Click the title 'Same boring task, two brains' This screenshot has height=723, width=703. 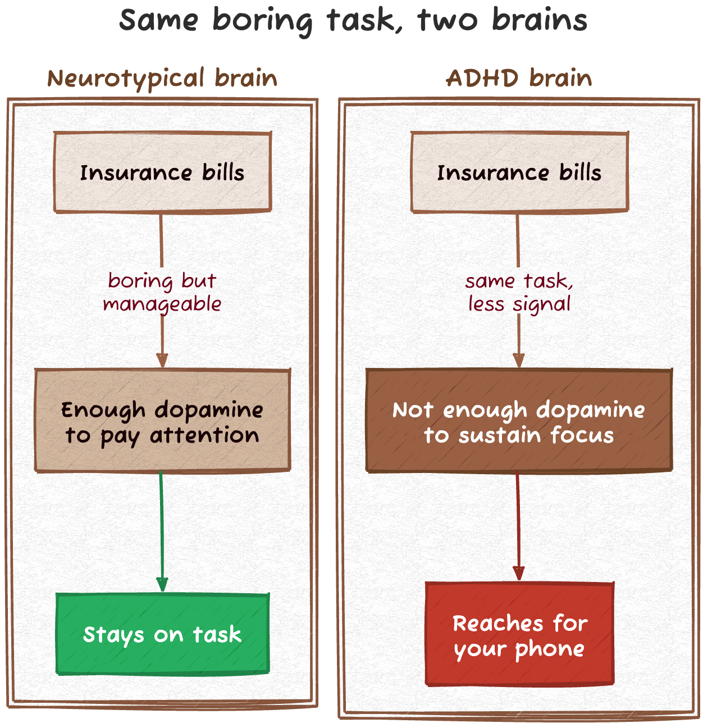353,20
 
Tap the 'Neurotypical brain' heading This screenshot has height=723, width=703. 162,78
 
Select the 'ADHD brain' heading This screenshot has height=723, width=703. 519,78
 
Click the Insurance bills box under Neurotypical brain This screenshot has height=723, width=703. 162,172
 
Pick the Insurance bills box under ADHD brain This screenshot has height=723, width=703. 519,172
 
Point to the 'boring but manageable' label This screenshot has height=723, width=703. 162,292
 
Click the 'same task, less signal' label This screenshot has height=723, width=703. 519,292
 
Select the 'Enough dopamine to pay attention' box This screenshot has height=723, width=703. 162,421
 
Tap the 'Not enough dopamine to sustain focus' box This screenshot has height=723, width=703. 519,421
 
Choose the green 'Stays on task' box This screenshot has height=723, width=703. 162,634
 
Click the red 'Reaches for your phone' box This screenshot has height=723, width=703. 519,635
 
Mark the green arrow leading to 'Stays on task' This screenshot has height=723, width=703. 161,528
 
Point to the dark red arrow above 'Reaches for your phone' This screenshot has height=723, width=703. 518,525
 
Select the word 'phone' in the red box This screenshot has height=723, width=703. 550,649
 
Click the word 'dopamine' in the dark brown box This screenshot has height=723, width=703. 590,410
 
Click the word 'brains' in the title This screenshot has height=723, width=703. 540,20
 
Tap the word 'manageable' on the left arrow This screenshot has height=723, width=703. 162,304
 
